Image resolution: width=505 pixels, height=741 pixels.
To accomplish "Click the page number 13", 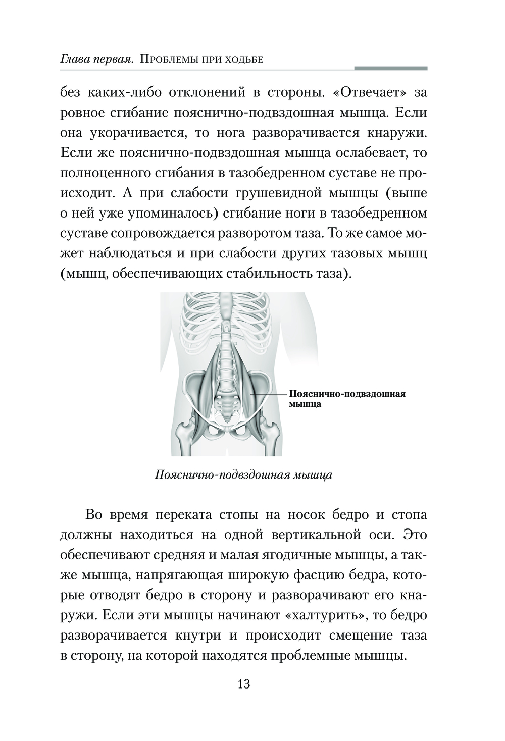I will pos(243,684).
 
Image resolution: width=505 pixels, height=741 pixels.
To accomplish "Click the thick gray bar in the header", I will pos(391,68).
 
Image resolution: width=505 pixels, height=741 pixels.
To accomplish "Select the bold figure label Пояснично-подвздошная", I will pos(347,394).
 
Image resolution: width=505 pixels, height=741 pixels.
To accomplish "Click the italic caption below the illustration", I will pos(243,475).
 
